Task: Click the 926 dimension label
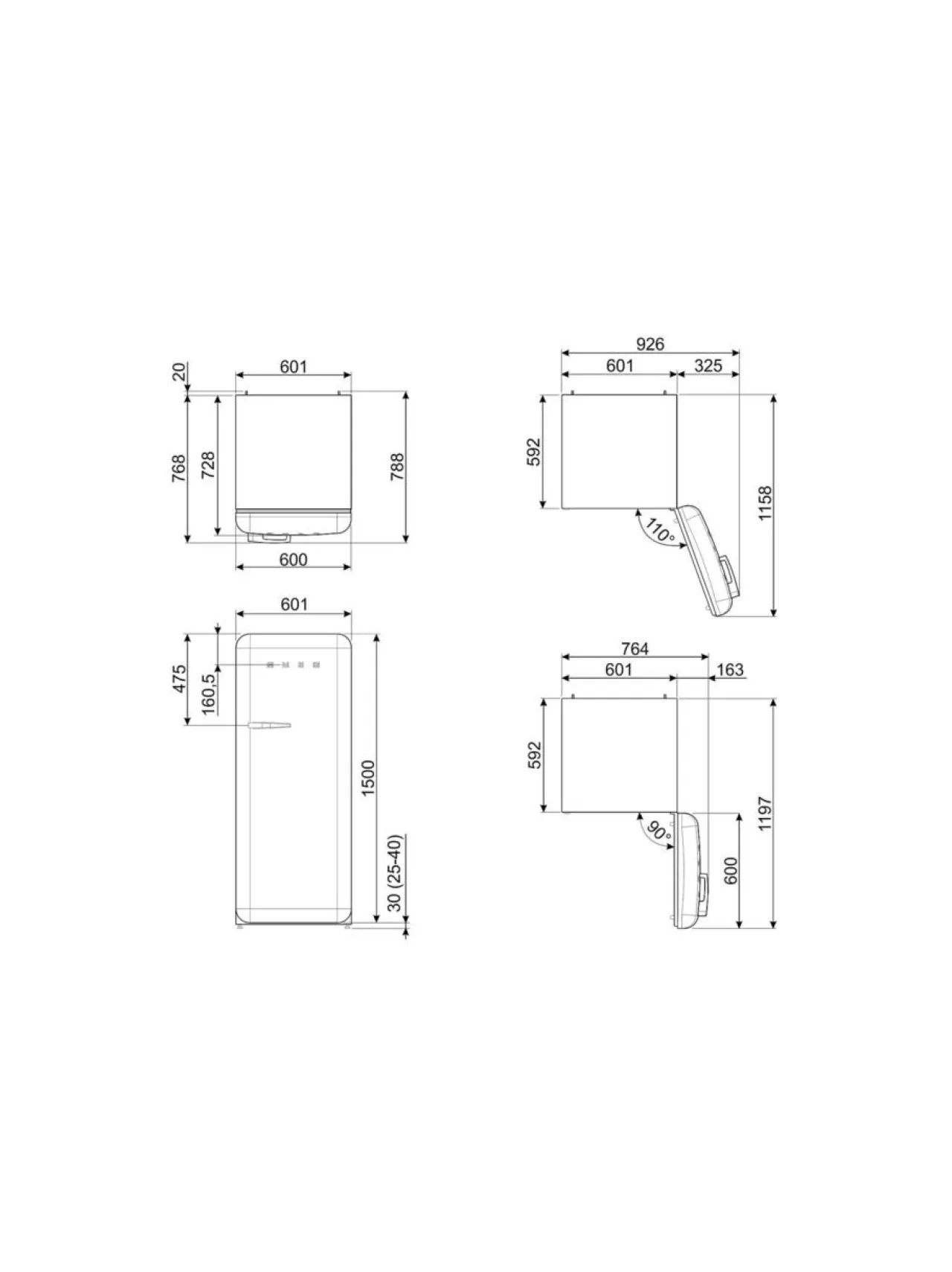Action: [x=649, y=344]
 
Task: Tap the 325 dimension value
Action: [x=707, y=365]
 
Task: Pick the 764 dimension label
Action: [x=634, y=648]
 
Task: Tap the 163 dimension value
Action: [x=730, y=669]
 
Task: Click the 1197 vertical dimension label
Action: [x=766, y=813]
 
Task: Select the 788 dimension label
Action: [x=398, y=467]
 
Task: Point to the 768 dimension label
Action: [x=179, y=469]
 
